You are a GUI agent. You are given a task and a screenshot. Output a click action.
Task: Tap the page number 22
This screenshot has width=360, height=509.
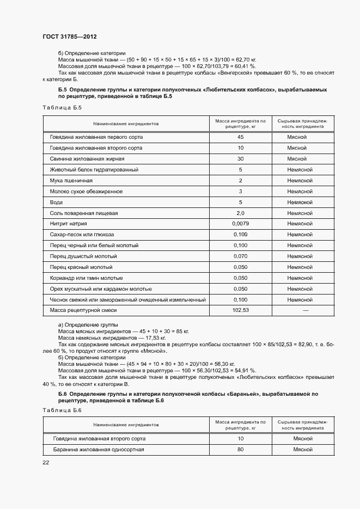pos(46,463)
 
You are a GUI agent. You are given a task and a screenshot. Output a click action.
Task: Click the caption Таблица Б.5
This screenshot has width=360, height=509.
pos(62,107)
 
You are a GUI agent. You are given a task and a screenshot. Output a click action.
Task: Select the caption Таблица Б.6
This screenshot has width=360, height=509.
pos(62,410)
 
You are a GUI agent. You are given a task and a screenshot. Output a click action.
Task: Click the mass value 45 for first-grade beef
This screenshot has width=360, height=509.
pos(240,137)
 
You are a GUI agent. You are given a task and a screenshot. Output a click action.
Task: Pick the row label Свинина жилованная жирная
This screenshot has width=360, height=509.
pos(87,158)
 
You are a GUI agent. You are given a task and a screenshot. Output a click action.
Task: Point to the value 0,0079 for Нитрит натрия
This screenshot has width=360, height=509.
pos(240,224)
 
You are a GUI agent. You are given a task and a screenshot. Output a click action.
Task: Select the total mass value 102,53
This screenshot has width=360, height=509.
pos(240,310)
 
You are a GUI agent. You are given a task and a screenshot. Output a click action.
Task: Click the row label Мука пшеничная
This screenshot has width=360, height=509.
pos(71,180)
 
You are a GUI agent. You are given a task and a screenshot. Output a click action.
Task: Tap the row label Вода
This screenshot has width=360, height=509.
pos(56,202)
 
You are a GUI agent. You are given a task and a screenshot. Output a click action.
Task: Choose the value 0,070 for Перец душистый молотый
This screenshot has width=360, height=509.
pos(240,256)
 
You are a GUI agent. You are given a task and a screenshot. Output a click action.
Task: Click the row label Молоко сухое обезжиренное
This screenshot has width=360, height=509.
pos(86,191)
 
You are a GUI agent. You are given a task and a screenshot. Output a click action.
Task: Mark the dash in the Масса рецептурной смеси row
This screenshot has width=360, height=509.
pos(305,310)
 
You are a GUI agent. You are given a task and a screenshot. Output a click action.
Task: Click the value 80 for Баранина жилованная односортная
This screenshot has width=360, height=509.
pos(240,450)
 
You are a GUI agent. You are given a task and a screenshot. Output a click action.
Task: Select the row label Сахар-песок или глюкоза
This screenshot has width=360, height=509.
pos(82,235)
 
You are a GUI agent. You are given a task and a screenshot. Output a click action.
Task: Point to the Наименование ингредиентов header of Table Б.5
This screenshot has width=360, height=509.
pos(125,124)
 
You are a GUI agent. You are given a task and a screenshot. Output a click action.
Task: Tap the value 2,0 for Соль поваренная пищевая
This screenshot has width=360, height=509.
pos(240,213)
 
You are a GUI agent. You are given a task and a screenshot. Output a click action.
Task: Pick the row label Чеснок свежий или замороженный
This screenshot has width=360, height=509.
pos(127,299)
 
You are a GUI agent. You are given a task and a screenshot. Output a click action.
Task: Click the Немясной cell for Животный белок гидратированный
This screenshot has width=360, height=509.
pos(300,169)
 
